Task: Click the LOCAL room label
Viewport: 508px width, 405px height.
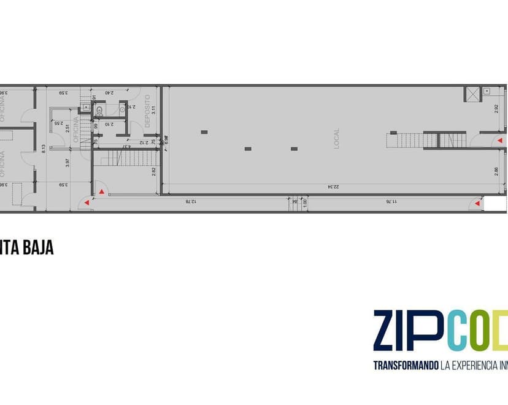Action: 336,139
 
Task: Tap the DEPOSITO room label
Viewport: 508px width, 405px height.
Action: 147,111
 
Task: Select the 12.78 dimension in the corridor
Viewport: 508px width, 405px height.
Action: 192,201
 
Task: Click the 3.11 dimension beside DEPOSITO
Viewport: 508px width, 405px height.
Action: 154,111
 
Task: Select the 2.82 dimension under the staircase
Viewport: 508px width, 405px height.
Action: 154,171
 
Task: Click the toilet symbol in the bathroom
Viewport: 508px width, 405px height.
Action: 123,109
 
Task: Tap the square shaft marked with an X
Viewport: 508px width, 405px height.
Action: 473,95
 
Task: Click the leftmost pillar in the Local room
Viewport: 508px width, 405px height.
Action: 204,132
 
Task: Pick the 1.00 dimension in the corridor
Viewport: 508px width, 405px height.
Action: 304,201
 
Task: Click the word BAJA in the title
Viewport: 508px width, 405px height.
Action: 38,248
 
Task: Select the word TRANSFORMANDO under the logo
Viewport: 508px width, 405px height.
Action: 406,366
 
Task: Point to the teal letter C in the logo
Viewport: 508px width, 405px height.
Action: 458,331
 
